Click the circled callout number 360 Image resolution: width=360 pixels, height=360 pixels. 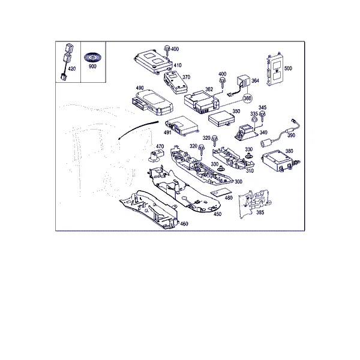coord(247,98)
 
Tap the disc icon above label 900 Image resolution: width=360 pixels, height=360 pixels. coord(92,57)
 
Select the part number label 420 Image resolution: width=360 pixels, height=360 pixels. coord(71,68)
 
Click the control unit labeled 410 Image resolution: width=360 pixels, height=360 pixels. coord(154,61)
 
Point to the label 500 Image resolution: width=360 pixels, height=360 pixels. coord(288,68)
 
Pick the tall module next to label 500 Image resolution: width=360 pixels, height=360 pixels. coord(275,70)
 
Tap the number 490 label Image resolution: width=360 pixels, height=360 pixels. coord(140,88)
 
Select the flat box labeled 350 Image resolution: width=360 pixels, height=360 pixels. coord(222,119)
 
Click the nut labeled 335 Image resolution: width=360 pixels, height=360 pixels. coord(254,119)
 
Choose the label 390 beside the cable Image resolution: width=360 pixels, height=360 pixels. coord(291,135)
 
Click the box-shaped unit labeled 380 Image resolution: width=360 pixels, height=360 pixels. coord(278,160)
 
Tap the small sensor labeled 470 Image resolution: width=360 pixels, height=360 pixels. coord(157,155)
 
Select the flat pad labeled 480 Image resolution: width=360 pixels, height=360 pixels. coord(221,192)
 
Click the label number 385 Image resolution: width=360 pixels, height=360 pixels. coord(260,212)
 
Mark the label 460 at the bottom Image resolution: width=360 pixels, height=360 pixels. coord(184,224)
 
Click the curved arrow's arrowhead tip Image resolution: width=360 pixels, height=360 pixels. coord(118,139)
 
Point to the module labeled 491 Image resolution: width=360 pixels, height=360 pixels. coord(182,126)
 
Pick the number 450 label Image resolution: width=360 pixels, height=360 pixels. coord(217,214)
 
